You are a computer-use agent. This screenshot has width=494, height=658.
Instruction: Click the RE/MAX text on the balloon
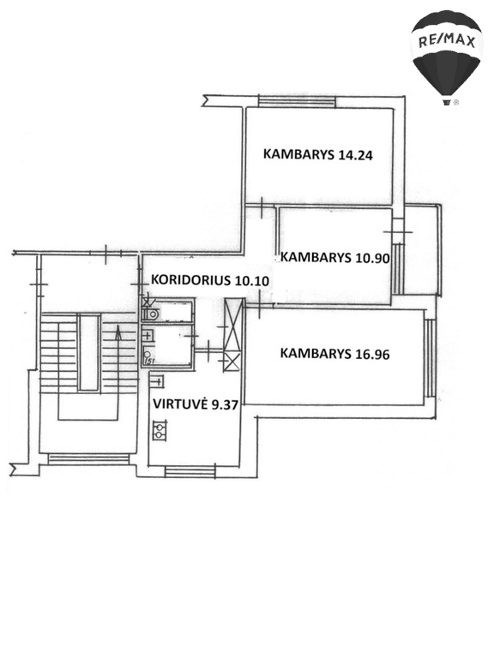pyautogui.click(x=447, y=41)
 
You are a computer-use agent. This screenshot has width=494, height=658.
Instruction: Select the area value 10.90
pyautogui.click(x=372, y=258)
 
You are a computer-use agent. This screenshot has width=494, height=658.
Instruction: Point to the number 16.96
pyautogui.click(x=372, y=355)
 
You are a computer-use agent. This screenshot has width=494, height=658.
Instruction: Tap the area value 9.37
pyautogui.click(x=225, y=404)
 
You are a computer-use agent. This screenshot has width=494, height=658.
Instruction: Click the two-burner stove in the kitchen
pyautogui.click(x=160, y=430)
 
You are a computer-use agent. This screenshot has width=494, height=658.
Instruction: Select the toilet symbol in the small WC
pyautogui.click(x=152, y=314)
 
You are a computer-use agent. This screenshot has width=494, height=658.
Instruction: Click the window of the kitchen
pyautogui.click(x=190, y=471)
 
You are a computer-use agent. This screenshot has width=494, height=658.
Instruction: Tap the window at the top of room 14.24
pyautogui.click(x=297, y=102)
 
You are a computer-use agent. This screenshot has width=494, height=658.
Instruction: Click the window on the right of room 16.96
pyautogui.click(x=430, y=358)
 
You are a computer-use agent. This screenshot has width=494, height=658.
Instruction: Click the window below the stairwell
pyautogui.click(x=88, y=458)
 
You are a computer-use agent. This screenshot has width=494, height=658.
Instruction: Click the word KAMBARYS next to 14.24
pyautogui.click(x=298, y=154)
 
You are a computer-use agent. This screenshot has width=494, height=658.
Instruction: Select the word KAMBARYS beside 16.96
pyautogui.click(x=316, y=353)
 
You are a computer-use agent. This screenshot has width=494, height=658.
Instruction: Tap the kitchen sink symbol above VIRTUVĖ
pyautogui.click(x=158, y=381)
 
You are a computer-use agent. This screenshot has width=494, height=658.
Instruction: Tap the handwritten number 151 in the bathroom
pyautogui.click(x=148, y=361)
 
